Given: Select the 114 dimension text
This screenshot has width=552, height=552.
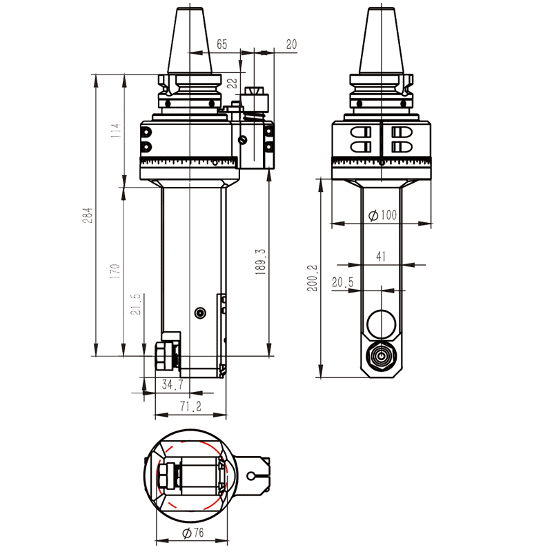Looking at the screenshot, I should coord(115,130).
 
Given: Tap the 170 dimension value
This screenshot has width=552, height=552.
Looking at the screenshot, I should coord(115,271).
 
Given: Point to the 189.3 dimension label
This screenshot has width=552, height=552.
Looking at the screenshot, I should coord(259,262).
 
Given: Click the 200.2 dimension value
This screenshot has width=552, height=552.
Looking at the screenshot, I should coord(313,278).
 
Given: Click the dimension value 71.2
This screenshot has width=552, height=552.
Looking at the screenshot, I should coord(190,407).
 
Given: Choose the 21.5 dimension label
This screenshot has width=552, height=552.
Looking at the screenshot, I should coord(136,304).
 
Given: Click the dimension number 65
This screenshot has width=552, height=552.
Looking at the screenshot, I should coord(221,44).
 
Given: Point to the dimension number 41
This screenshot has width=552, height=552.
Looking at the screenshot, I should coord(381,256).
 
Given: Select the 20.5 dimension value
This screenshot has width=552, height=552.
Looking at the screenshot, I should coord(342,282).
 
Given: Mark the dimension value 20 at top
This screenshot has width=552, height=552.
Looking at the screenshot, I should coord(291,44).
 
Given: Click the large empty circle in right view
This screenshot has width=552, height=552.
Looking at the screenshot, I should coord(380,322).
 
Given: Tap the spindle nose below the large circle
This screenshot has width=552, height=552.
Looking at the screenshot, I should coord(380,356).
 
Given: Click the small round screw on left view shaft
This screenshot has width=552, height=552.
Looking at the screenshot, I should coord(200,313).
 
